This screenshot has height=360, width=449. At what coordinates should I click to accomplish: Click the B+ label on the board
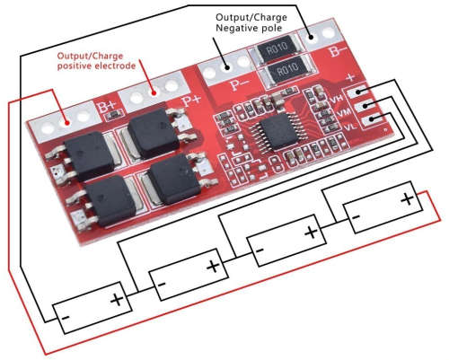[107, 108]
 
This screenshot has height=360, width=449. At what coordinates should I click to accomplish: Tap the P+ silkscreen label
[191, 101]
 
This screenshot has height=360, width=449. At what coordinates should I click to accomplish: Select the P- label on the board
[241, 84]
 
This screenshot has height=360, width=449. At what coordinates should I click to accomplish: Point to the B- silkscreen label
[339, 52]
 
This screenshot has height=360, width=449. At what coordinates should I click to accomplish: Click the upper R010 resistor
[277, 48]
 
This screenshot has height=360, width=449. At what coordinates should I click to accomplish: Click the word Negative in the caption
[234, 28]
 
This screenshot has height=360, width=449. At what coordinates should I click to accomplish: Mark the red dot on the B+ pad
[67, 122]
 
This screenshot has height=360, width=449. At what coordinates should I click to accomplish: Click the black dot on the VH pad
[358, 92]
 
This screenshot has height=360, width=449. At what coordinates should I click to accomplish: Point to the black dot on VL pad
[372, 119]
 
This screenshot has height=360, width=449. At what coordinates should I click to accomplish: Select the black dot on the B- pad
[311, 38]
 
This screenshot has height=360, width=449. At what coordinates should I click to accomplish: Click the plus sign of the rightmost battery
[408, 199]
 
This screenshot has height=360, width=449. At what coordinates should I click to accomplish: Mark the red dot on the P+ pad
[154, 92]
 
